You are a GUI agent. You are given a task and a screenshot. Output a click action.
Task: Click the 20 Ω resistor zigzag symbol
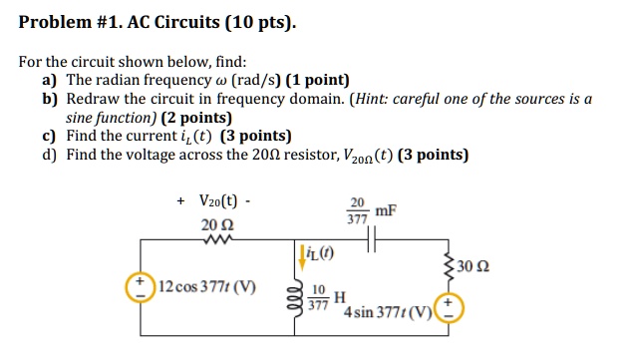pos(217,238)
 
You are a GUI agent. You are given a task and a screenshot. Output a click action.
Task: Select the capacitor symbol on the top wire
pos(370,239)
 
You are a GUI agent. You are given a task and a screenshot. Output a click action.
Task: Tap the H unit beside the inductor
pos(340,298)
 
